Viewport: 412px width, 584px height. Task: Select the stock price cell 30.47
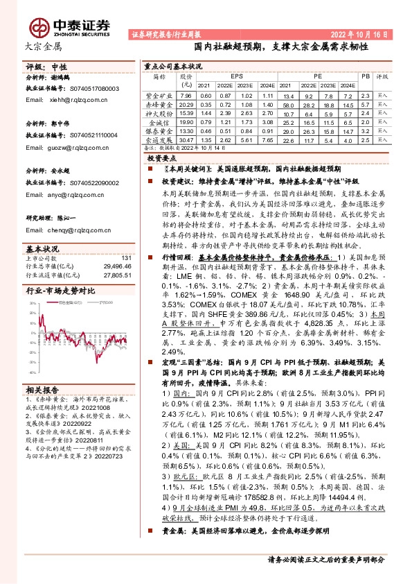[x=185, y=139]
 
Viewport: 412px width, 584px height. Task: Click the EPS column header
[x=236, y=75]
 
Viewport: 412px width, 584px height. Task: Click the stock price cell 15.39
[x=185, y=113]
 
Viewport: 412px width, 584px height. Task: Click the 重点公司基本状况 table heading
[x=173, y=66]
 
